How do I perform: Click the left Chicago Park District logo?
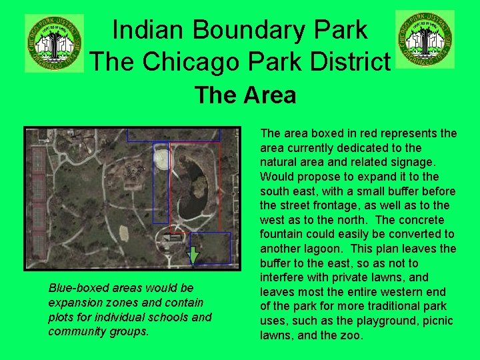pos(54,43)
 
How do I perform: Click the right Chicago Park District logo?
pos(425,39)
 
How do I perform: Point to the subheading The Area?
pos(245,95)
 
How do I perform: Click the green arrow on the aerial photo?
pos(193,255)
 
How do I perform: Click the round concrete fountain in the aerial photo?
pos(161,157)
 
